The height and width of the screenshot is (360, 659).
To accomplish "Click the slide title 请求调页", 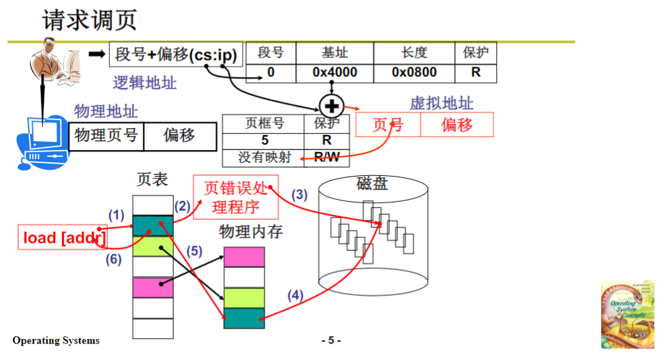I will (89, 20).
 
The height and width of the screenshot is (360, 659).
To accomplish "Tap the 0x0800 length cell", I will (414, 72).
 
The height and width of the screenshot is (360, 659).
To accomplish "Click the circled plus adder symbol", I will (331, 106).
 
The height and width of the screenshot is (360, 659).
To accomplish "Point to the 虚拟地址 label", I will (441, 104).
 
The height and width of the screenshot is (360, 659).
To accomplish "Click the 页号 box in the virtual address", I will (388, 125).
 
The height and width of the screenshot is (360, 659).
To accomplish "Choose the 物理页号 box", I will (106, 135).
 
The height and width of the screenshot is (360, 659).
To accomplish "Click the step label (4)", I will (294, 295).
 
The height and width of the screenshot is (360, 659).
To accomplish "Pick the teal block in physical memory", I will (243, 318).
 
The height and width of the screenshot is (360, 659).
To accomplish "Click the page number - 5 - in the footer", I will (331, 340).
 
